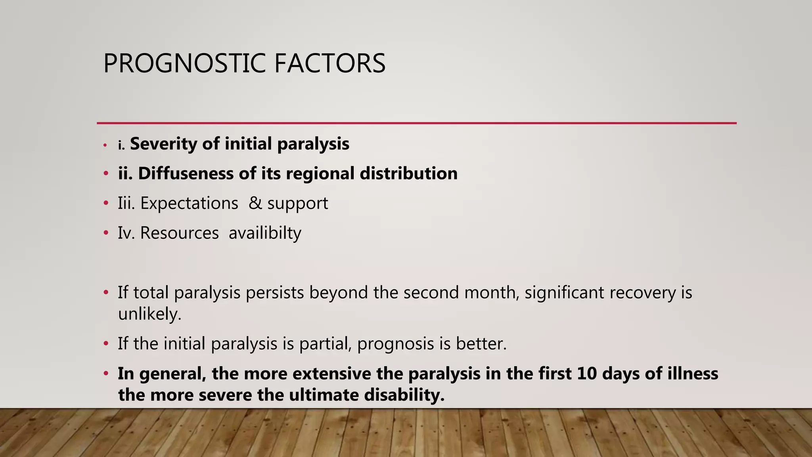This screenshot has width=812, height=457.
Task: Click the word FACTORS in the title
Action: [329, 64]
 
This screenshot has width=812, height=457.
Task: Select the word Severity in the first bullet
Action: [164, 144]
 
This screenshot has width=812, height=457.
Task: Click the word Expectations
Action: [189, 203]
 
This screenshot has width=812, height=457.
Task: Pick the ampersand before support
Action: [255, 203]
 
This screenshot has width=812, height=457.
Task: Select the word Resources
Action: [179, 233]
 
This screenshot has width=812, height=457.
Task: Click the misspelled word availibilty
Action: [265, 233]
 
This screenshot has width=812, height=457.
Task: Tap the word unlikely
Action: [149, 314]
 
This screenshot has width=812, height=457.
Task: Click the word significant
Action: [565, 292]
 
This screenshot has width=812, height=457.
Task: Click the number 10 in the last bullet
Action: [587, 374]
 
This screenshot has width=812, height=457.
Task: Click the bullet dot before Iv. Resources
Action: [105, 233]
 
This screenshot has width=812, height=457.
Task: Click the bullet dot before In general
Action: [105, 374]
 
